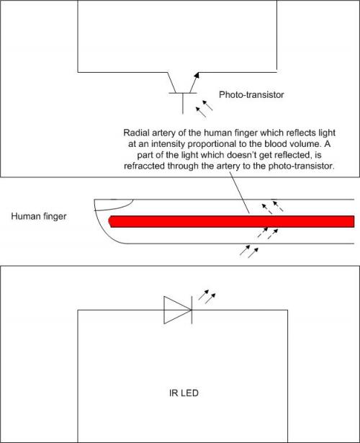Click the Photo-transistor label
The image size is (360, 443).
251,94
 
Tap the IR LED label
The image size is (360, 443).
184,393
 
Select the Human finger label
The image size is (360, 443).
39,216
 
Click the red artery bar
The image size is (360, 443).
232,221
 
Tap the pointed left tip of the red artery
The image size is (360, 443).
109,221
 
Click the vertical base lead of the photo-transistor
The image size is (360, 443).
183,104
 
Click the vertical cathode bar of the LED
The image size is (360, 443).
192,310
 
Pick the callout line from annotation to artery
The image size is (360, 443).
240,192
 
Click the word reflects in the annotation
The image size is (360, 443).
294,133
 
